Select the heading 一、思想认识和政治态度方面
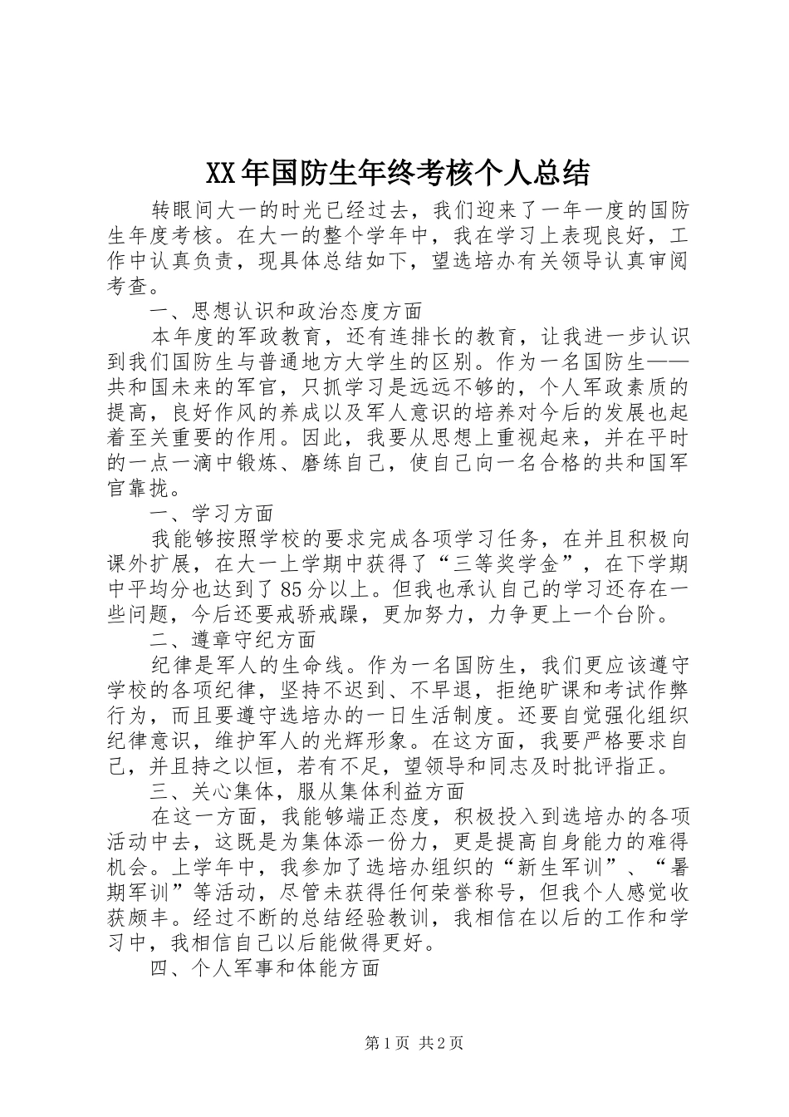[287, 312]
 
